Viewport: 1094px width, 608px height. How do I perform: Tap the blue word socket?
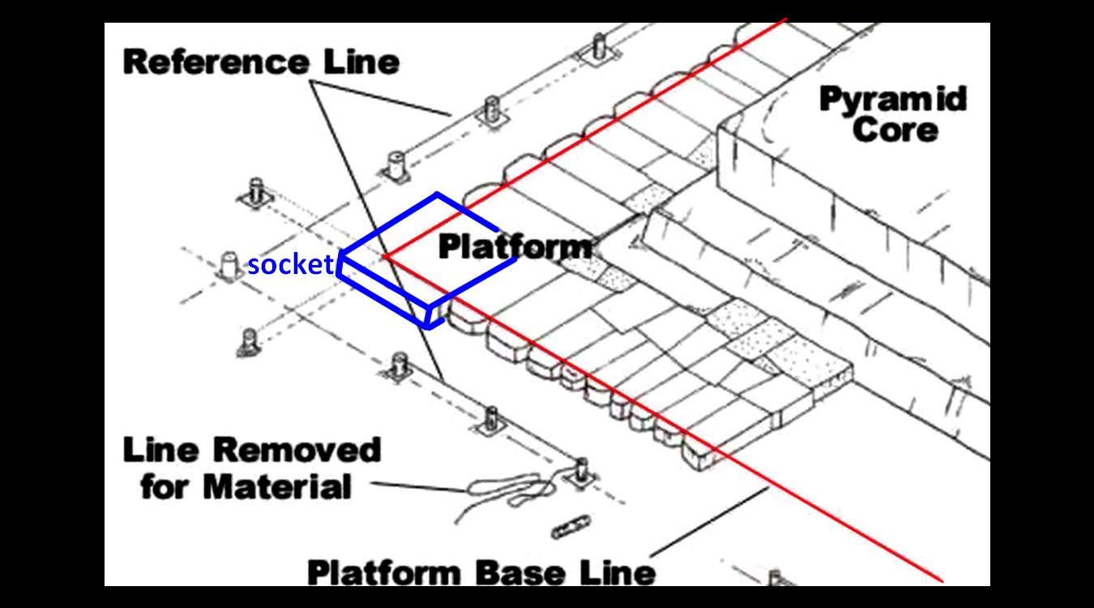[291, 264]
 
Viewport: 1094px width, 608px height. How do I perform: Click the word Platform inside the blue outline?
[514, 246]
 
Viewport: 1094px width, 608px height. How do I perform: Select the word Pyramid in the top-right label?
[893, 100]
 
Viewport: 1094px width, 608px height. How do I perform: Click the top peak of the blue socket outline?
[438, 195]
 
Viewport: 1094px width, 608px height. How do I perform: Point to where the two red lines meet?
[385, 256]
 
